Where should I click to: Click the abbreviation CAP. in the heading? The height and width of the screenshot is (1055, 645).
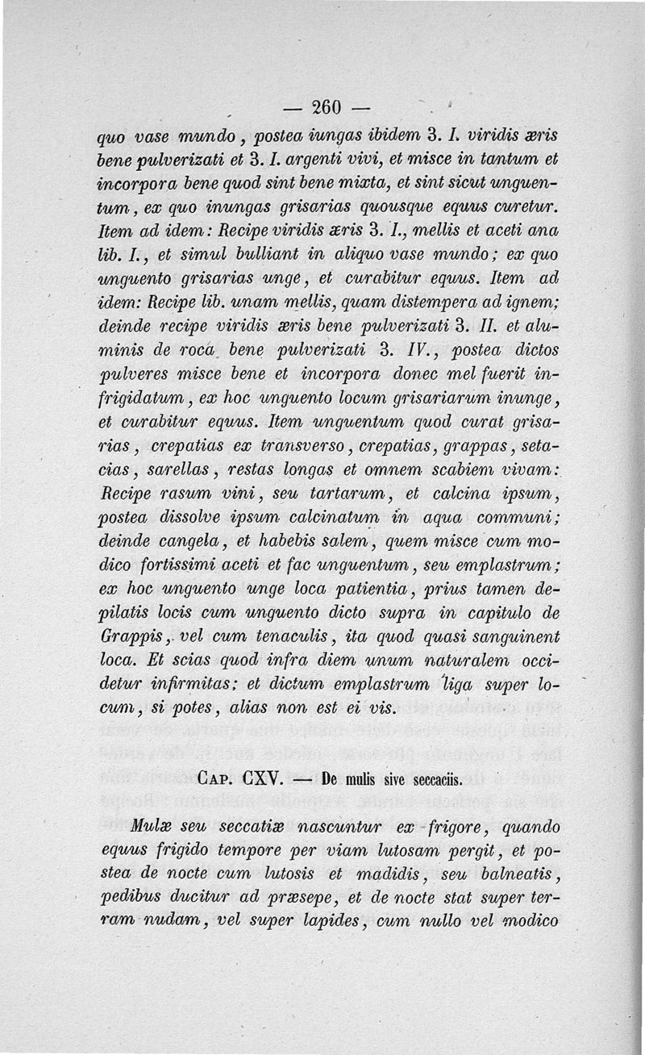216,780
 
